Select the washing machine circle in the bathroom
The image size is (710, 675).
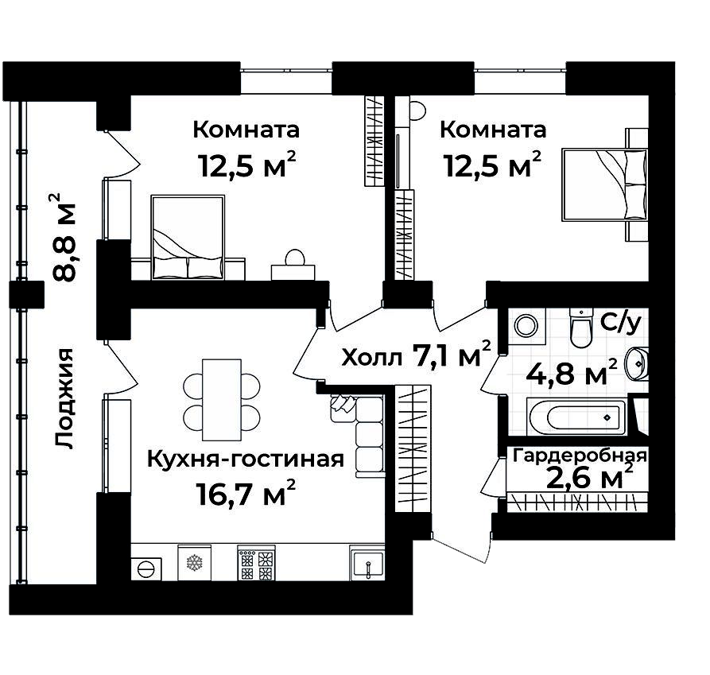click(526, 325)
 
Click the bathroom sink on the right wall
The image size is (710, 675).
click(638, 365)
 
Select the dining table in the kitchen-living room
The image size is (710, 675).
click(221, 400)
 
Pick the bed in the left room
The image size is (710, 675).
click(187, 238)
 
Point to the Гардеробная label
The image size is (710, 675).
click(580, 456)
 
